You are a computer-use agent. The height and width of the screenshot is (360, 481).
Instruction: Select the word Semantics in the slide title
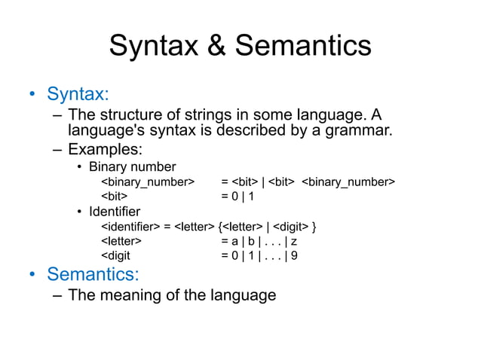pyautogui.click(x=303, y=46)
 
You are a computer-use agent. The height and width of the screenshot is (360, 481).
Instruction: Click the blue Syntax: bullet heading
pyautogui.click(x=78, y=95)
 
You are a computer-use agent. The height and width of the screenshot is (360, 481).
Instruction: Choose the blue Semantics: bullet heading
pyautogui.click(x=93, y=273)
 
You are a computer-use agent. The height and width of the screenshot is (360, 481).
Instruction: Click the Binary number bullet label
pyautogui.click(x=132, y=166)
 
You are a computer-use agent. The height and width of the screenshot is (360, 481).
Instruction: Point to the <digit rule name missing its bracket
pyautogui.click(x=116, y=255)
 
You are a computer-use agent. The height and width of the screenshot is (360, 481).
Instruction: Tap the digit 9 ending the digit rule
pyautogui.click(x=294, y=255)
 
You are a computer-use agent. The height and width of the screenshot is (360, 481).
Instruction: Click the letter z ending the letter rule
pyautogui.click(x=294, y=241)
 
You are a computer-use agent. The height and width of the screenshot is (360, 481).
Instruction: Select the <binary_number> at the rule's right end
pyautogui.click(x=348, y=182)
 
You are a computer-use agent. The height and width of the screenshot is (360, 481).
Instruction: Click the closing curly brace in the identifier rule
pyautogui.click(x=314, y=226)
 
